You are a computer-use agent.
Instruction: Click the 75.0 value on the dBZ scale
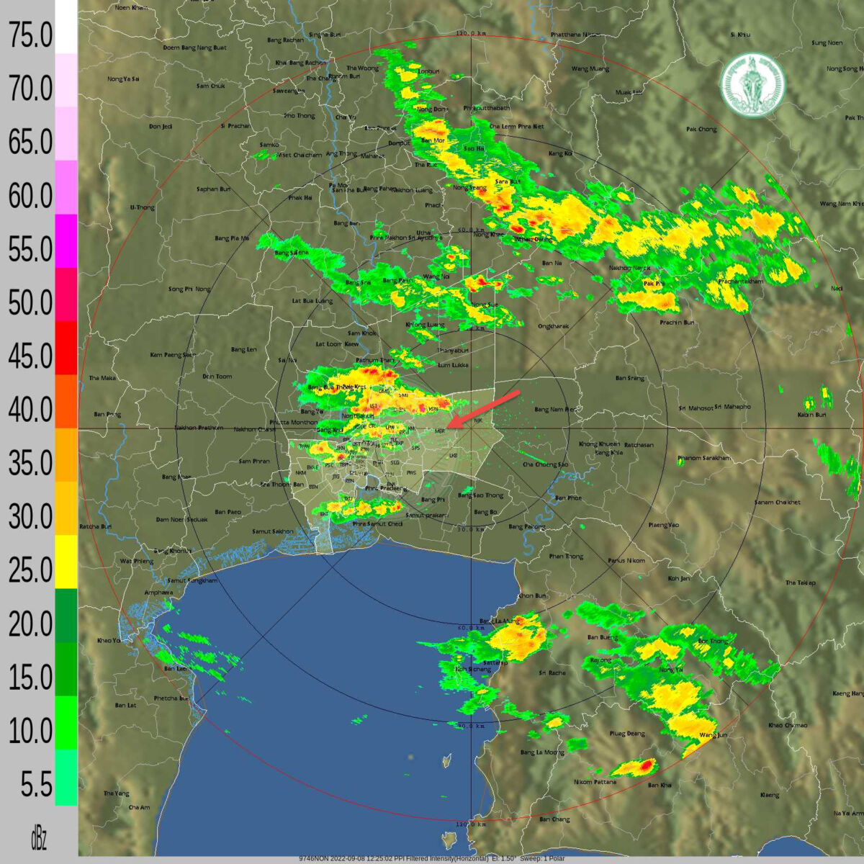pos(30,35)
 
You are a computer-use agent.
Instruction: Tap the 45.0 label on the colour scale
pos(30,356)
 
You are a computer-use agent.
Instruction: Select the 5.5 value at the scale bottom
pos(36,784)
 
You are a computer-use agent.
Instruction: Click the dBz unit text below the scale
pos(38,838)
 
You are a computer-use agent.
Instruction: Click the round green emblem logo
pos(753,84)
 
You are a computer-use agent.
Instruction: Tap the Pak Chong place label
pos(701,130)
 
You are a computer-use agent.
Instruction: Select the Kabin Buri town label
pos(811,415)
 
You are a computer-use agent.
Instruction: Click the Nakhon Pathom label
pos(199,428)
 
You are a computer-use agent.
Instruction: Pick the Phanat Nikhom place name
pos(626,560)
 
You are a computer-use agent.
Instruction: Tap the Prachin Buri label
pos(677,323)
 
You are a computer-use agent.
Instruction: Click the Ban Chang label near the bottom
pos(554,819)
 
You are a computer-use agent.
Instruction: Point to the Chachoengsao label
pos(545,464)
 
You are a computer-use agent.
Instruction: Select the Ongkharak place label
pos(553,326)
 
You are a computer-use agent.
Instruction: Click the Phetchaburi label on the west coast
pos(171,698)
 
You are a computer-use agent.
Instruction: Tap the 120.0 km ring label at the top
pos(472,34)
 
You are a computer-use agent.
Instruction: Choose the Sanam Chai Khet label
pos(777,502)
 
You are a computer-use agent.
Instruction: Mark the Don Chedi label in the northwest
pos(161,127)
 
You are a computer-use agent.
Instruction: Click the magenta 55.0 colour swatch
pos(66,241)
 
